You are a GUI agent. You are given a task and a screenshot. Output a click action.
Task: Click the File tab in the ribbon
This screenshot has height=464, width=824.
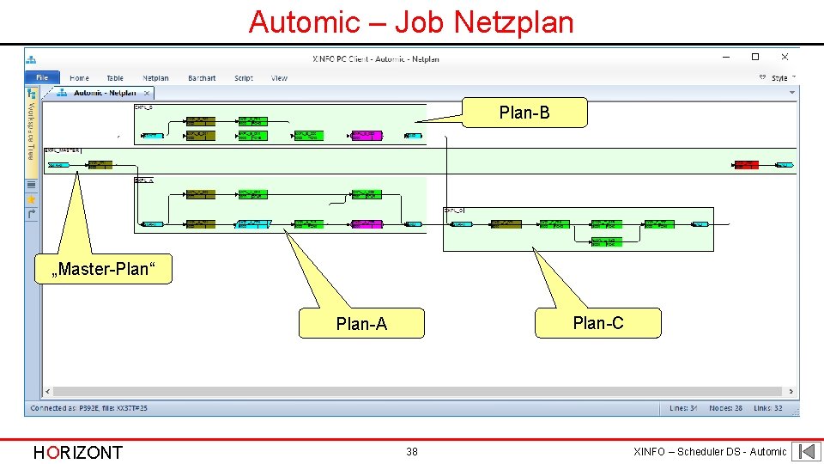(x=42, y=78)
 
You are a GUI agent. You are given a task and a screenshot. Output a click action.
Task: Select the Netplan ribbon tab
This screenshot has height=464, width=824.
(x=155, y=78)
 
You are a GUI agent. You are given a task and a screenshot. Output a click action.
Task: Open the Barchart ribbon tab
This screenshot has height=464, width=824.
(x=202, y=78)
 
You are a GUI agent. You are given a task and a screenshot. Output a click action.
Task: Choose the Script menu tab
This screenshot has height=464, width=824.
(x=244, y=78)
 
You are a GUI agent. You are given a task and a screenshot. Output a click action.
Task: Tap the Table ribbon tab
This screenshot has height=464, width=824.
(x=115, y=78)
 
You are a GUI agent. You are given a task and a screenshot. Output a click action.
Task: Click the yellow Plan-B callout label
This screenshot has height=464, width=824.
(x=524, y=113)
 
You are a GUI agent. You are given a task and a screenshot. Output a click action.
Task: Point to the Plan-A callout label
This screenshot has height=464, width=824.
(x=361, y=324)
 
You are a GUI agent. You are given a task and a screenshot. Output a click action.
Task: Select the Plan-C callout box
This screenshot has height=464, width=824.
(x=598, y=323)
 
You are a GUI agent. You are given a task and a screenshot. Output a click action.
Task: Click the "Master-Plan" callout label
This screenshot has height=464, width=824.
(x=104, y=269)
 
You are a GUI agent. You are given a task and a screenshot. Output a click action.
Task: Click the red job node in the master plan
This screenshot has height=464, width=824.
(x=746, y=164)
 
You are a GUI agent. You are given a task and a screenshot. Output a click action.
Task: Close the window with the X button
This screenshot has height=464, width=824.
(x=785, y=58)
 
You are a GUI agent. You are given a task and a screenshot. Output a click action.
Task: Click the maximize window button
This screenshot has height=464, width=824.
(x=755, y=58)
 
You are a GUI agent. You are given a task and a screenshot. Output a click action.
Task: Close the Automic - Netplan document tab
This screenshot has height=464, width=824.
(x=147, y=93)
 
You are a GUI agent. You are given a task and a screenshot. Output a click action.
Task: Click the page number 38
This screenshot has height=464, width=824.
(x=412, y=452)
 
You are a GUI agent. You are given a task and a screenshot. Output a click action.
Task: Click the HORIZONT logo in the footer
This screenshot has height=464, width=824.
(x=77, y=452)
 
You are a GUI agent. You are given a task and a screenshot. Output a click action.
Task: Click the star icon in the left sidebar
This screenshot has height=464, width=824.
(x=32, y=199)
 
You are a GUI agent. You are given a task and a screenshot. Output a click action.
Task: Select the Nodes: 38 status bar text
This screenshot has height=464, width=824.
(x=725, y=408)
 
